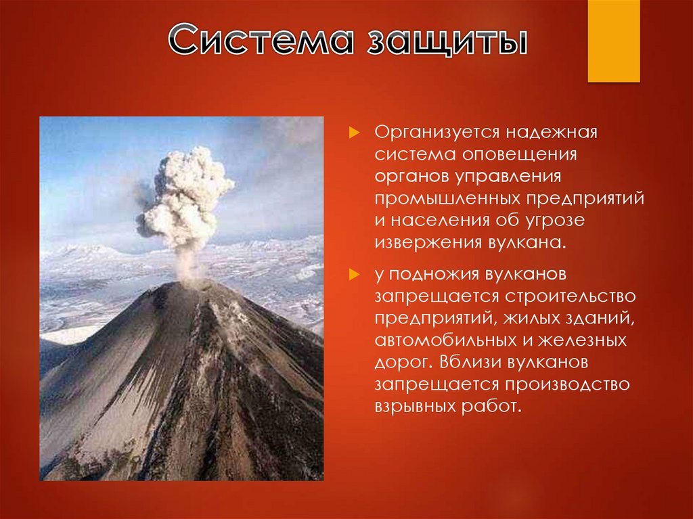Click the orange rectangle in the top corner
coord(613,41)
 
